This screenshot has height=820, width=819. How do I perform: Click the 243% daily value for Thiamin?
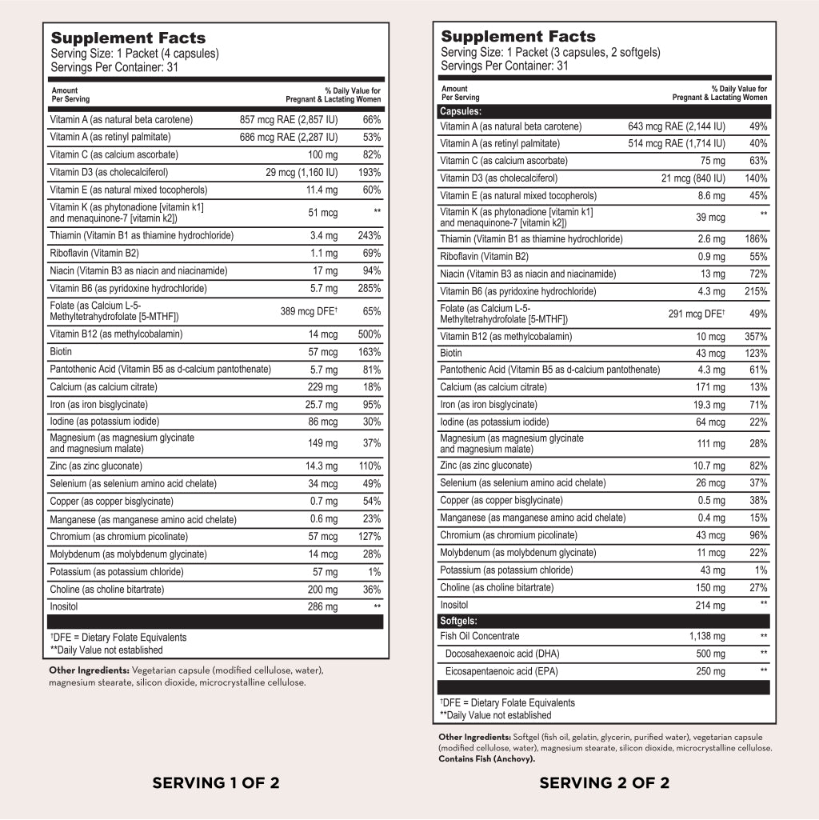tap(369, 235)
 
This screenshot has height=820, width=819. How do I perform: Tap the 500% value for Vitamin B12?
tap(369, 334)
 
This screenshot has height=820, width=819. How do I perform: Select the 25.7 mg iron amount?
tap(322, 405)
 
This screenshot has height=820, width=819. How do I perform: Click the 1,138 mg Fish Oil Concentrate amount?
tap(707, 636)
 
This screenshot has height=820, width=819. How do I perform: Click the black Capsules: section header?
tap(461, 111)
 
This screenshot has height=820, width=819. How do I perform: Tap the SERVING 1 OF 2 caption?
tap(216, 782)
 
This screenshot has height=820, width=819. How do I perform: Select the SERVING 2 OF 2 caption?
tap(604, 782)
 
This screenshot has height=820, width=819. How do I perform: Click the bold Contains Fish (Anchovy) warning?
tap(486, 758)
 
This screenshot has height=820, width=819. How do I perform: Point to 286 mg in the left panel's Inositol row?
tap(323, 607)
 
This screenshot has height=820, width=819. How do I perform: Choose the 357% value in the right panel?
tap(756, 337)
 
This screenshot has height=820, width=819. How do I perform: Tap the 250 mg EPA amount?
tap(710, 670)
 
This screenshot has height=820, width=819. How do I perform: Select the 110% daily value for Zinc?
tap(369, 466)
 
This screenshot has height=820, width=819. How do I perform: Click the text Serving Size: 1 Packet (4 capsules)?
tap(134, 54)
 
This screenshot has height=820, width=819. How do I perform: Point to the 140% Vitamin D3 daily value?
tap(756, 178)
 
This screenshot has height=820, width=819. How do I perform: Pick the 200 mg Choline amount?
tap(323, 590)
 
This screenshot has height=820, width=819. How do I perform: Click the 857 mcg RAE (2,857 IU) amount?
tap(289, 120)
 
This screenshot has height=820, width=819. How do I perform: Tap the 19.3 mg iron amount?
tap(709, 405)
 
